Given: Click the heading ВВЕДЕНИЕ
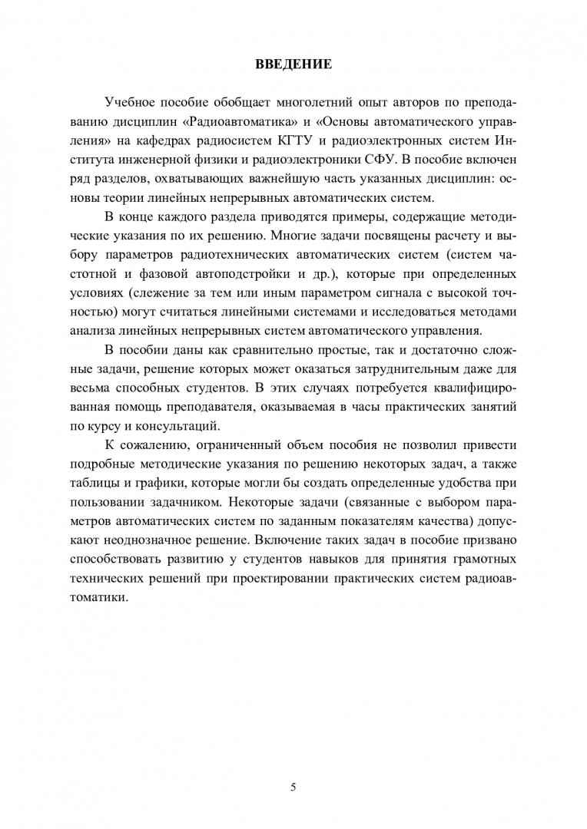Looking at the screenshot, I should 293,64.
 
